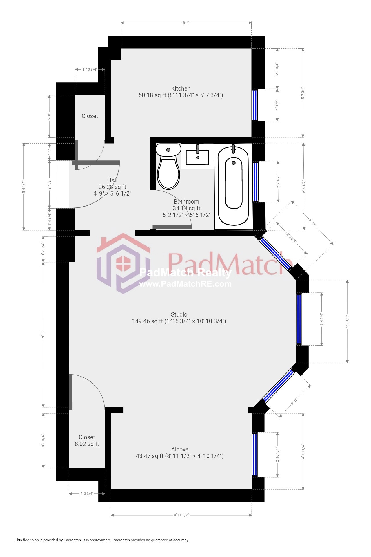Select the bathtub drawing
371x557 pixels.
(x=233, y=186)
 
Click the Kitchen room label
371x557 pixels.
(x=181, y=88)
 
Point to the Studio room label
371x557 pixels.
(x=179, y=314)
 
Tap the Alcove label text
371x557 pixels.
(x=180, y=449)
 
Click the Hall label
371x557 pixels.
(x=112, y=180)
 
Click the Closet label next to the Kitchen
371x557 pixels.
(x=90, y=116)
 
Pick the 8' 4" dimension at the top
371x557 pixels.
(x=186, y=23)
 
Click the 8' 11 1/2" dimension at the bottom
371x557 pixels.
(x=181, y=515)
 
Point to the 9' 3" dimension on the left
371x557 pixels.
(x=43, y=335)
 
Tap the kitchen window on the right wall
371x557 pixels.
(x=255, y=105)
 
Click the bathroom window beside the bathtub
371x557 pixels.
(x=256, y=182)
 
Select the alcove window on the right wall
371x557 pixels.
(x=255, y=454)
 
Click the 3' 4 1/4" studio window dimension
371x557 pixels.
(x=321, y=319)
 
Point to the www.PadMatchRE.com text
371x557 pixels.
(x=185, y=284)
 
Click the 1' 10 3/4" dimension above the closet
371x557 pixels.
(x=90, y=69)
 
